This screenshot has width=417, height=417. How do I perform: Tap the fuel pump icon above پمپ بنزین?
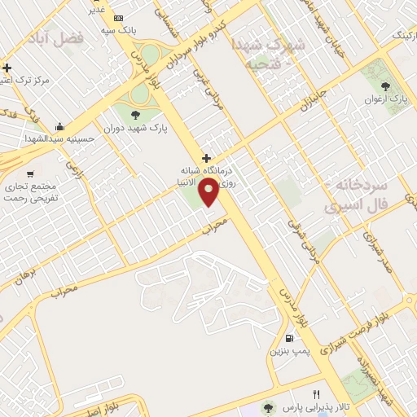pos(289,338)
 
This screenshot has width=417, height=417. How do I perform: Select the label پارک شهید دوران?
pos(132,128)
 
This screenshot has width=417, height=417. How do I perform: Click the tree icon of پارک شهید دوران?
pos(134,113)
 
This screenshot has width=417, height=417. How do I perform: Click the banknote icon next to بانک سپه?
pos(119,18)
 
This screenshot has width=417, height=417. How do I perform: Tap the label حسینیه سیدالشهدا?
pos(96,139)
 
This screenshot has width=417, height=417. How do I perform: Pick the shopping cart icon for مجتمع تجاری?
pos(30,174)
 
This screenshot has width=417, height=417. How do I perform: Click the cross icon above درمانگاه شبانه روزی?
pos(206,158)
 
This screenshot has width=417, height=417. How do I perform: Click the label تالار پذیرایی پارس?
pos(305,407)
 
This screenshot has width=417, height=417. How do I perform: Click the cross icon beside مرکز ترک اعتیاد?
pos(7,68)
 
